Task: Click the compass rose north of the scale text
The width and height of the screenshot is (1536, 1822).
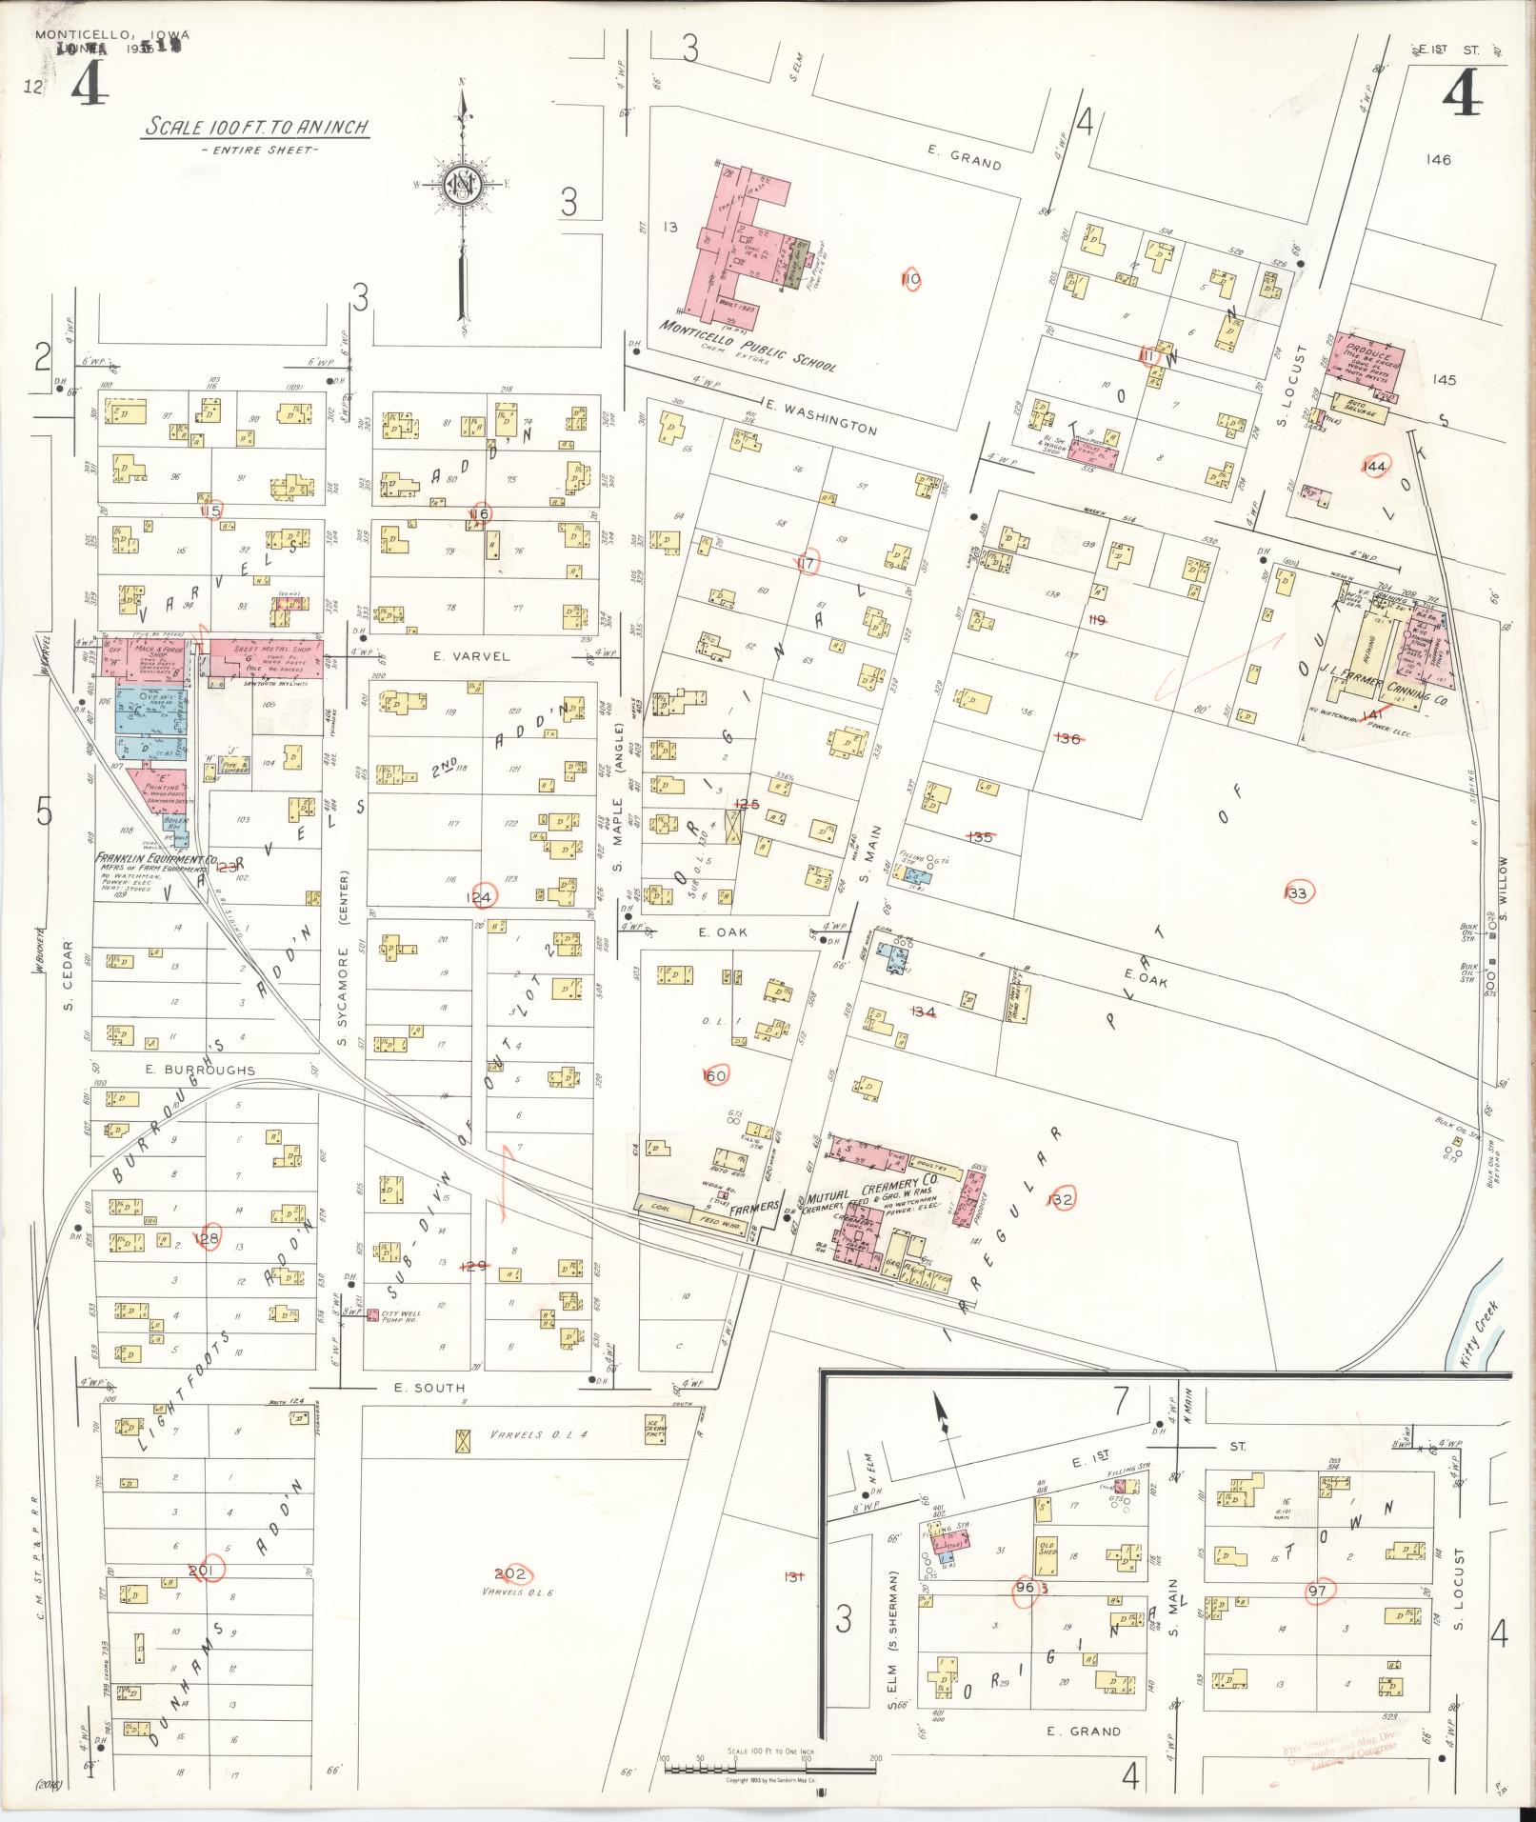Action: point(462,184)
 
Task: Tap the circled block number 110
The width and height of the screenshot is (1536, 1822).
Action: point(911,279)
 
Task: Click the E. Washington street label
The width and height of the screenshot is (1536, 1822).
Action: point(820,419)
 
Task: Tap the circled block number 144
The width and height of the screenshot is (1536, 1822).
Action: point(1374,466)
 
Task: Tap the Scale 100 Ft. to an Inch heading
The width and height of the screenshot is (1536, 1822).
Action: point(256,127)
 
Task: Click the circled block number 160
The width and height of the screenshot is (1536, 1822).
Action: point(714,1075)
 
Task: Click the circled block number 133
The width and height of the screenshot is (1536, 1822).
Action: point(1296,892)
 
